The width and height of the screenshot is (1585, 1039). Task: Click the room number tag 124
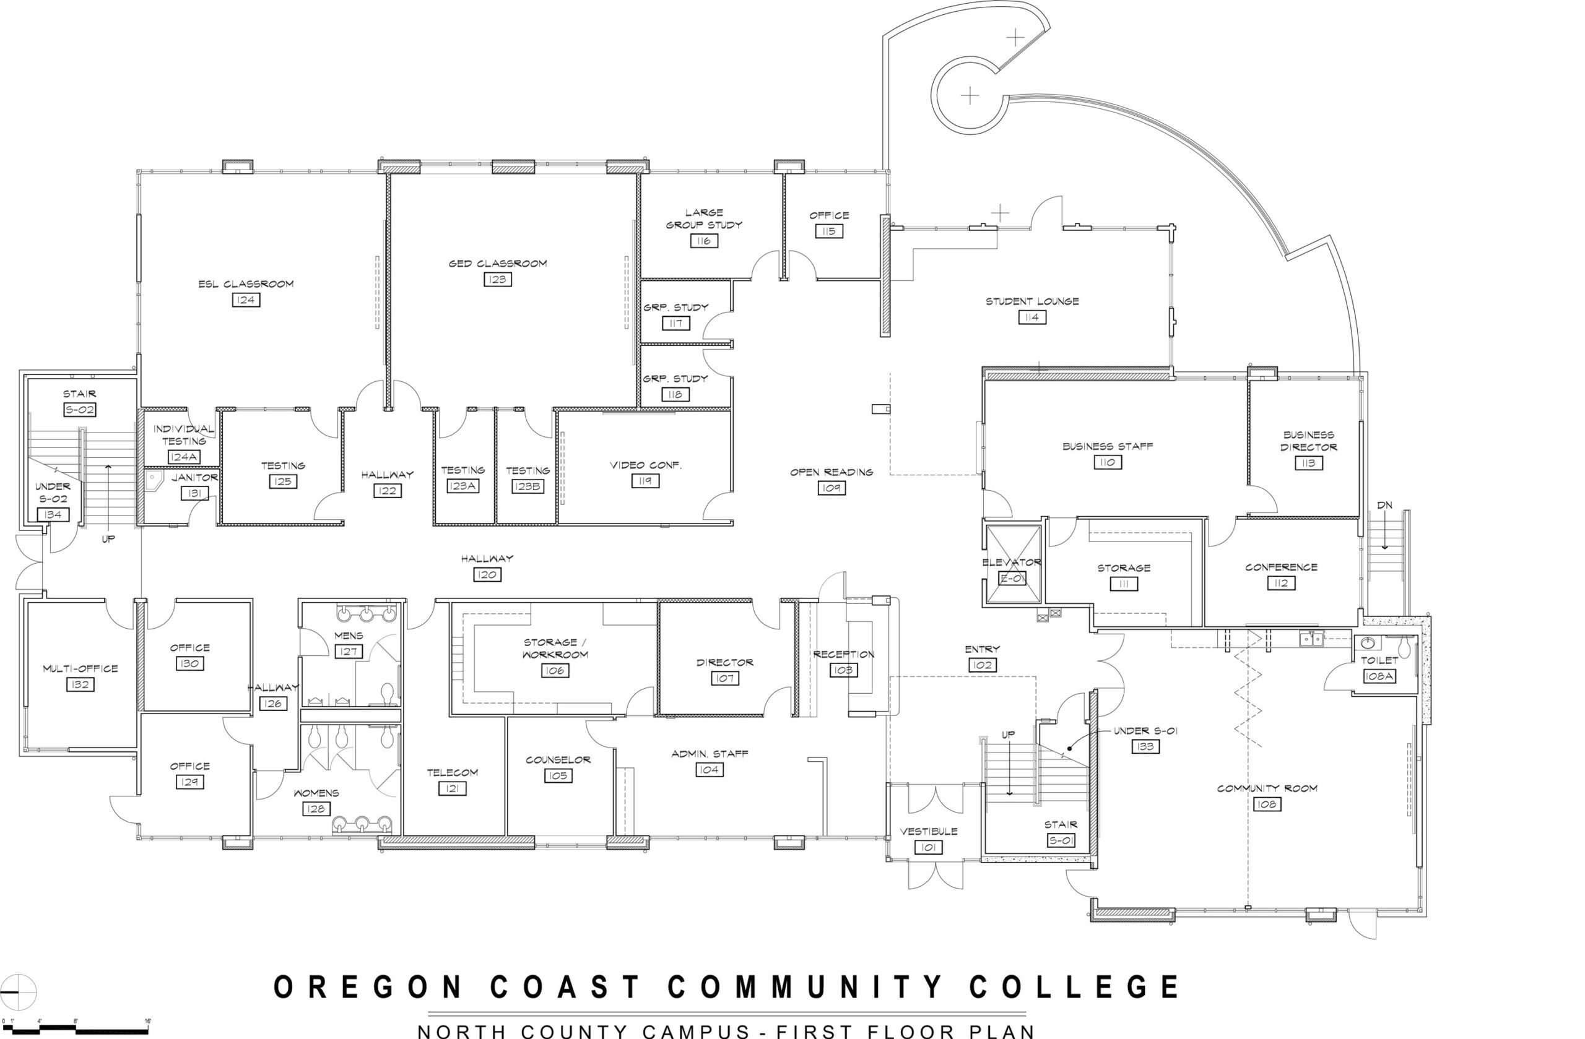[246, 300]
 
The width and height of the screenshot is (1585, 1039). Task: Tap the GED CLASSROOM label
[497, 264]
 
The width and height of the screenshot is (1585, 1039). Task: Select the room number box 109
[831, 488]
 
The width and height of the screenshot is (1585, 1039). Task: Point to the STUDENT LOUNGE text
[1032, 301]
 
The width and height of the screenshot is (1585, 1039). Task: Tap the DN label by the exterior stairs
[1384, 506]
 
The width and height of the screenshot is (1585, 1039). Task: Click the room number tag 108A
[1379, 676]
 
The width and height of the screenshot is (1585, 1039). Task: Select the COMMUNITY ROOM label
[1267, 789]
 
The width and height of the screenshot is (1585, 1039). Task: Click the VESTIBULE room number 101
[928, 847]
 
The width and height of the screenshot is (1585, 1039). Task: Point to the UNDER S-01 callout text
[1145, 731]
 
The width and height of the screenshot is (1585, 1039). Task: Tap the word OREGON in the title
[368, 987]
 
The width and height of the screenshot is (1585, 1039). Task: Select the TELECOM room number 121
[452, 789]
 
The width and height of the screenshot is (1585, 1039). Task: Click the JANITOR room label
[194, 477]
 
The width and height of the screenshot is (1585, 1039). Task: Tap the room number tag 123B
[528, 486]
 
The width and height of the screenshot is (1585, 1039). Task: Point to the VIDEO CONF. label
[645, 465]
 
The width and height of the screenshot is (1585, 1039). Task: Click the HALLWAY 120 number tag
[487, 574]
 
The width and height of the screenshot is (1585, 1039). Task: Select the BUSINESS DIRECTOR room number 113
[1308, 463]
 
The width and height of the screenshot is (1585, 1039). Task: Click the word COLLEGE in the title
[1074, 987]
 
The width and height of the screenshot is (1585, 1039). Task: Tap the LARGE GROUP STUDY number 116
[704, 241]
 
